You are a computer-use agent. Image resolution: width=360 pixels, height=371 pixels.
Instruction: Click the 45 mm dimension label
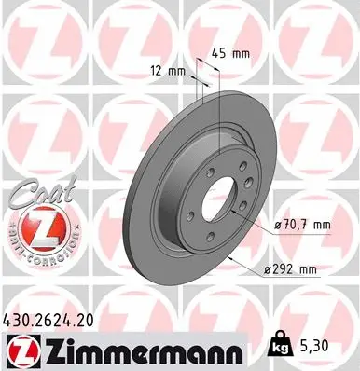(x=229, y=52)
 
